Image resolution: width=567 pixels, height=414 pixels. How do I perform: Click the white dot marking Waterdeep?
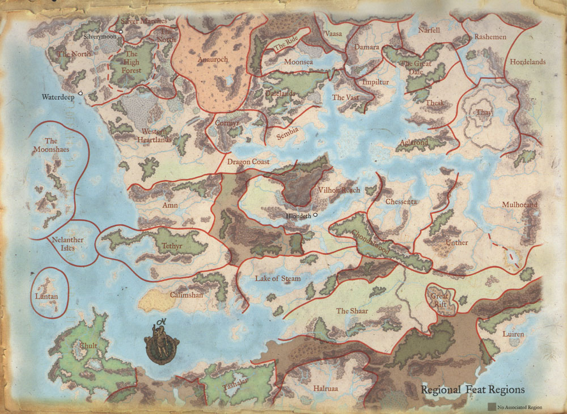click(x=81, y=92)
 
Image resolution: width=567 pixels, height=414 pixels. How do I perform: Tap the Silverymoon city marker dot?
click(x=121, y=32)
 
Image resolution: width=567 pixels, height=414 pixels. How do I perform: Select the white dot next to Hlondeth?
click(x=315, y=215)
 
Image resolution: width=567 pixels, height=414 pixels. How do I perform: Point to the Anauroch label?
click(x=210, y=59)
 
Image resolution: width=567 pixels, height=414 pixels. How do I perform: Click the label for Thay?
click(x=484, y=113)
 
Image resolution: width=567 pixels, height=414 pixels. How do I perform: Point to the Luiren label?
click(x=513, y=334)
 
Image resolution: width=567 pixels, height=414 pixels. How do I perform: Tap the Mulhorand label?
click(x=519, y=204)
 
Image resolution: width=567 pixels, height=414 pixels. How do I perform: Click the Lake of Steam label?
click(x=278, y=279)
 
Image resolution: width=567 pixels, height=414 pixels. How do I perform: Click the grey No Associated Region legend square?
click(x=491, y=406)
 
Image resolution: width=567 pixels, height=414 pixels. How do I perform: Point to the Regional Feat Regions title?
click(x=472, y=390)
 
